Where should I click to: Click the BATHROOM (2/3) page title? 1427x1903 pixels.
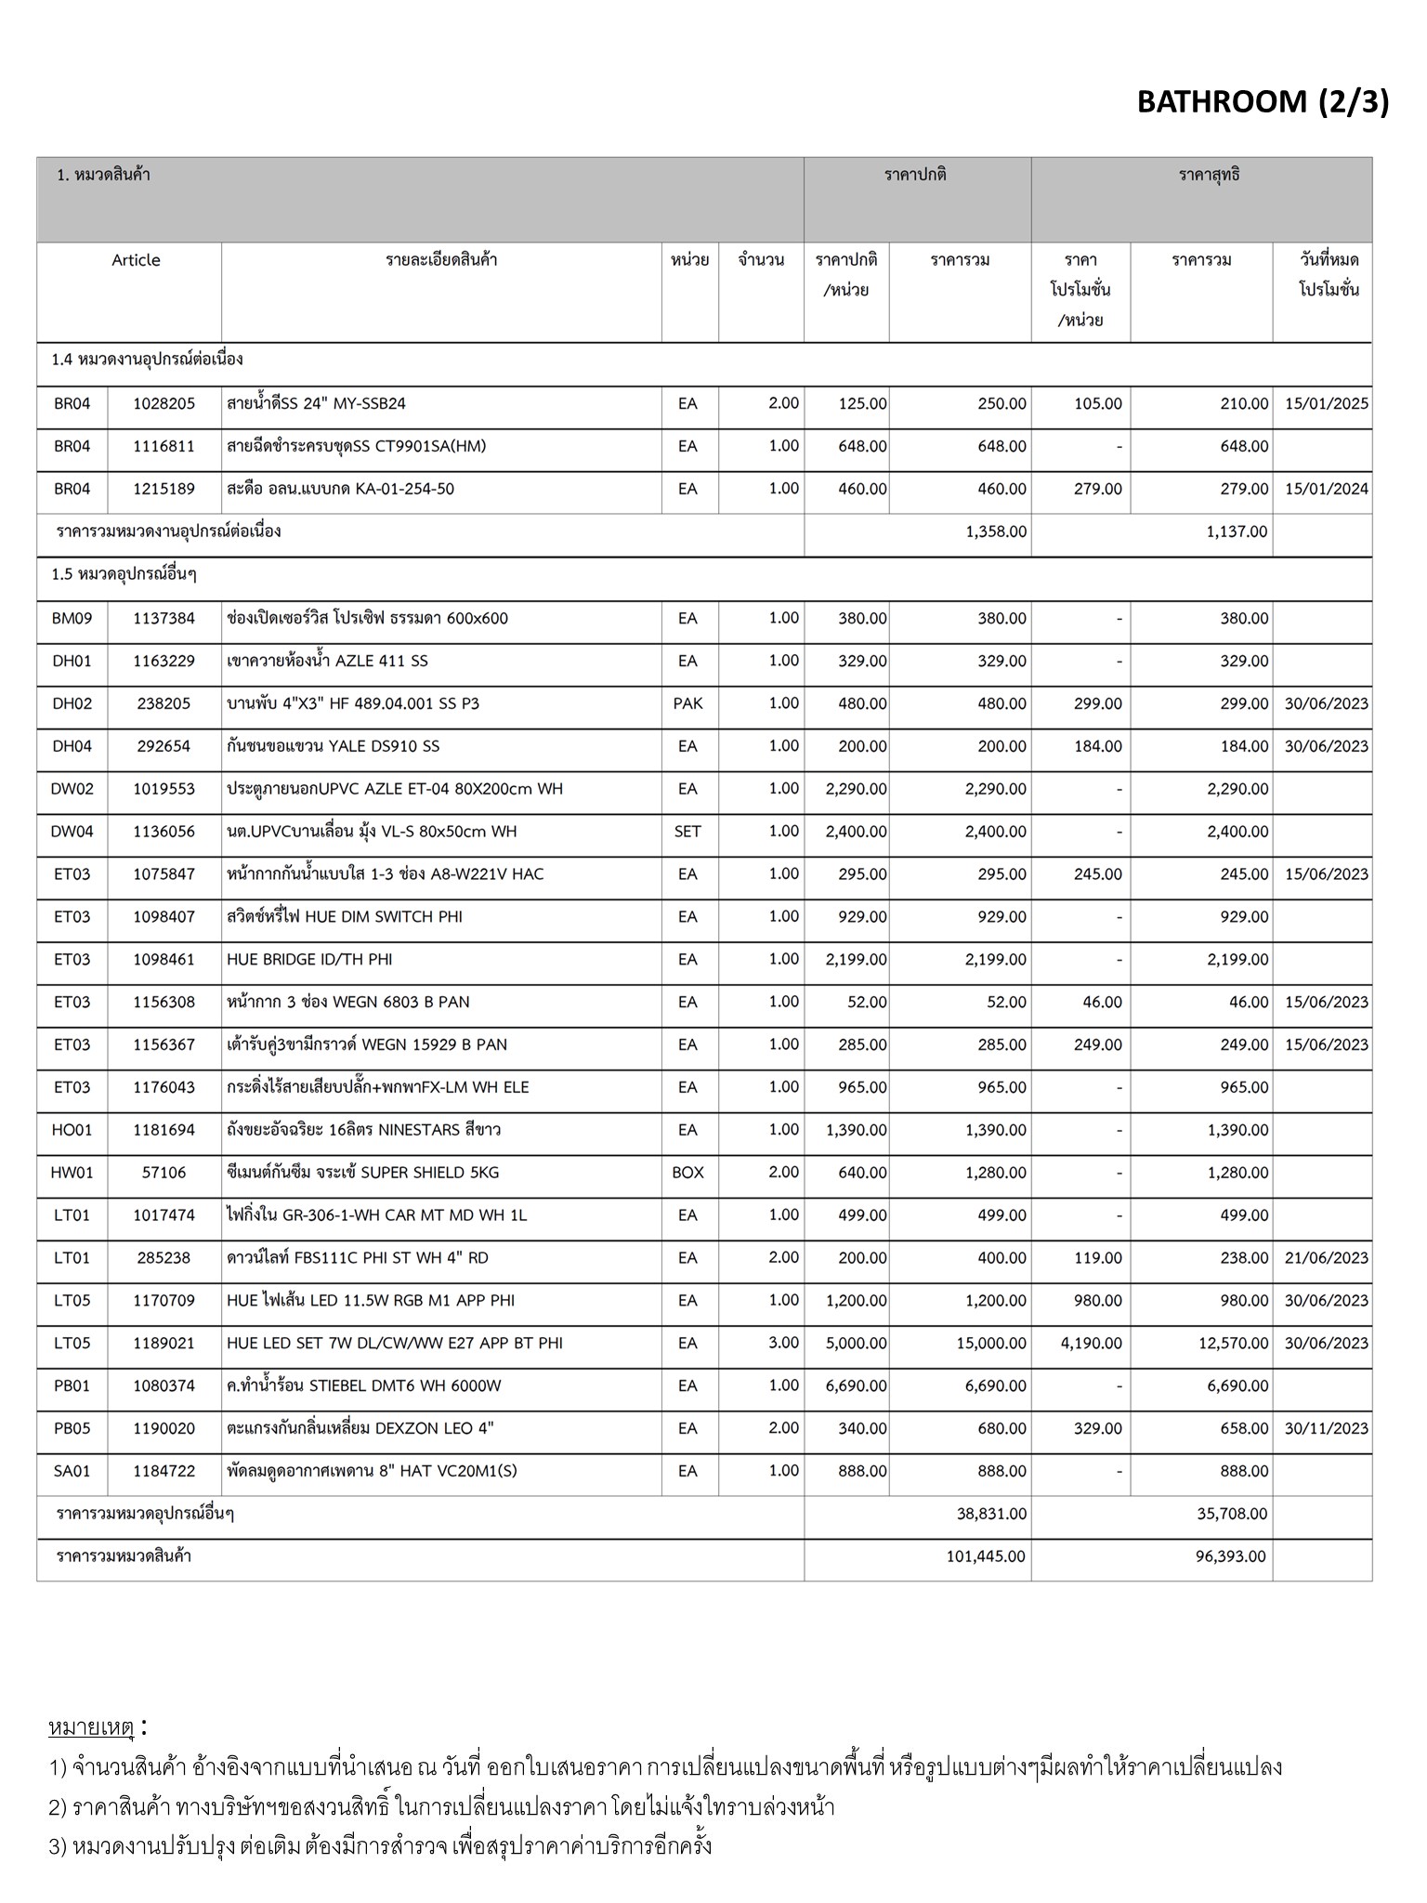(x=1263, y=101)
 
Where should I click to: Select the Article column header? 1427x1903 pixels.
(x=136, y=260)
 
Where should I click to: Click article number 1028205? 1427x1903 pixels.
(x=164, y=404)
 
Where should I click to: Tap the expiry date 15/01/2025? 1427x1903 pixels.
(x=1326, y=404)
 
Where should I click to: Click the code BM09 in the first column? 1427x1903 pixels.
(x=72, y=619)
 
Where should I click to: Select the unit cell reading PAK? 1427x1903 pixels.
(x=687, y=704)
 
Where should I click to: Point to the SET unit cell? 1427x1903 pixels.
(x=687, y=833)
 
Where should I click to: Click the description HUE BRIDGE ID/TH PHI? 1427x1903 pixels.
(x=309, y=960)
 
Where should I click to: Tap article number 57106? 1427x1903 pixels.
(x=164, y=1174)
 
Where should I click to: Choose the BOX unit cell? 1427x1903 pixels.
(x=687, y=1174)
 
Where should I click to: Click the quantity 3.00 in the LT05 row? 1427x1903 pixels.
(x=783, y=1344)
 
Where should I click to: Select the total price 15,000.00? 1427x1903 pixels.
(x=991, y=1344)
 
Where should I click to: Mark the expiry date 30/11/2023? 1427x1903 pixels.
(x=1326, y=1429)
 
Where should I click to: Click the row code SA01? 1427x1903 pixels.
(x=72, y=1472)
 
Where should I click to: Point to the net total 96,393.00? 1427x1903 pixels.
(x=1230, y=1556)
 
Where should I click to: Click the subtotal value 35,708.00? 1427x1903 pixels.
(x=1232, y=1515)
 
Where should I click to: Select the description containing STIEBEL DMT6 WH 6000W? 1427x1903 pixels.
(x=364, y=1386)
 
